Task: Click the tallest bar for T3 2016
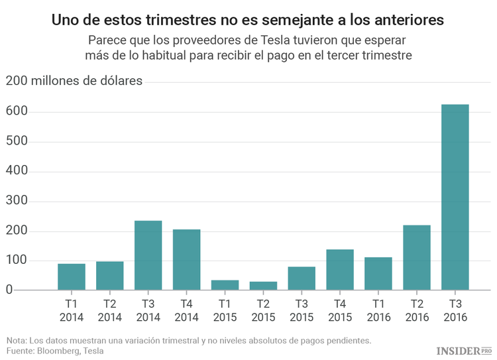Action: pyautogui.click(x=455, y=197)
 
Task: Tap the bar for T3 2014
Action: pyautogui.click(x=148, y=255)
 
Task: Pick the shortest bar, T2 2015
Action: pyautogui.click(x=263, y=286)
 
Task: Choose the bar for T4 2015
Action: pyautogui.click(x=340, y=270)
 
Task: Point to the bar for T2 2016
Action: pyautogui.click(x=417, y=257)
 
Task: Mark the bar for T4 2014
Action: pyautogui.click(x=186, y=259)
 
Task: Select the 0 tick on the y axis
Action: pyautogui.click(x=9, y=290)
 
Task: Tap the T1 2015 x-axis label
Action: pyautogui.click(x=225, y=310)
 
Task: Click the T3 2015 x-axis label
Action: pyautogui.click(x=302, y=310)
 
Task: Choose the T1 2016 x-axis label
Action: pyautogui.click(x=378, y=310)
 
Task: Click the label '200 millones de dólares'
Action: pyautogui.click(x=74, y=82)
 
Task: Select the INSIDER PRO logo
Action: pyautogui.click(x=464, y=349)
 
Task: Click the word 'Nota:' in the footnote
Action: pyautogui.click(x=17, y=341)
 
